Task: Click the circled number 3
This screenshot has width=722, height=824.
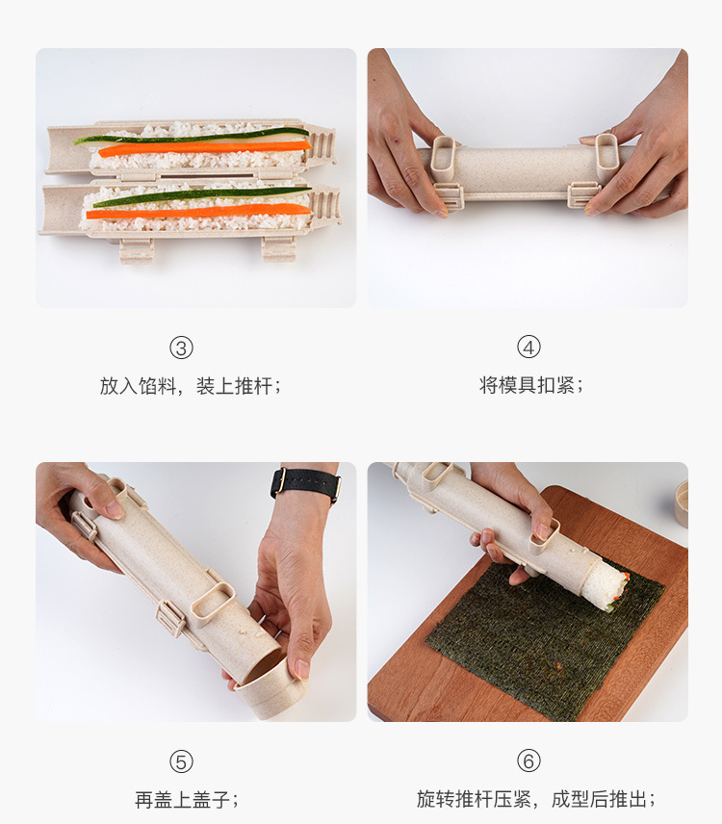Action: tap(181, 348)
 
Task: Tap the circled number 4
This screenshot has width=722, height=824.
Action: tap(529, 348)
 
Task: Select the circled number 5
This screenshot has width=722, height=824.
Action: tap(181, 761)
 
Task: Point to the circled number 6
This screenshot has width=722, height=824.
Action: tap(529, 761)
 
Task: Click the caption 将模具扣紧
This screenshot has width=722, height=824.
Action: tap(531, 386)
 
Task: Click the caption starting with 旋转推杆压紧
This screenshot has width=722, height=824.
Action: tap(536, 800)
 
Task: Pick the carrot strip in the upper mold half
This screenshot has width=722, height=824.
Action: tap(202, 149)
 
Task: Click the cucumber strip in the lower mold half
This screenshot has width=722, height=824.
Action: tap(202, 195)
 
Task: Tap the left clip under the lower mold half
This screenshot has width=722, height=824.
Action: tap(137, 248)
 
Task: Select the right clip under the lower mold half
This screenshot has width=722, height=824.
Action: tap(278, 247)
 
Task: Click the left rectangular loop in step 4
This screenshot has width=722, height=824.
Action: tap(445, 159)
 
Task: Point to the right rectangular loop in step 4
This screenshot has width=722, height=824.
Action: tap(607, 157)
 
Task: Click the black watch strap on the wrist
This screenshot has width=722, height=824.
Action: tap(305, 483)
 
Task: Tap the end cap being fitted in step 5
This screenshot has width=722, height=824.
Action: tap(270, 689)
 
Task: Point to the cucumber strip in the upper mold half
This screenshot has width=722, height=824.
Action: tap(193, 136)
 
